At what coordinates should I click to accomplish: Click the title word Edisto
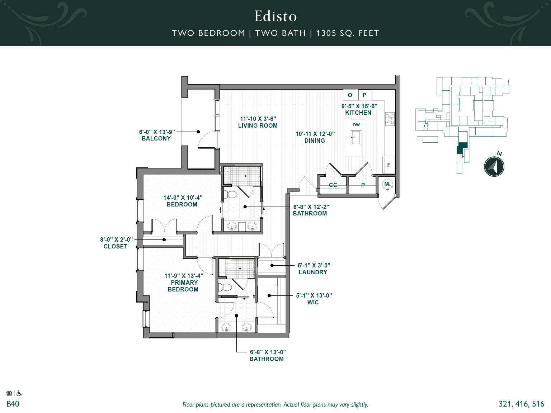(x=275, y=16)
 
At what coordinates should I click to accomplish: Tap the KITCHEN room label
(x=358, y=113)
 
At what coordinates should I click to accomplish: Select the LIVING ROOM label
(x=258, y=125)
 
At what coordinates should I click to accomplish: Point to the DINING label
(x=315, y=141)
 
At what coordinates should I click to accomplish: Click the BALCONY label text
(x=156, y=138)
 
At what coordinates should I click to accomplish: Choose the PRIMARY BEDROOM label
(x=183, y=286)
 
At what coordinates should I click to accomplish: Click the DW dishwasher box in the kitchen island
(x=356, y=125)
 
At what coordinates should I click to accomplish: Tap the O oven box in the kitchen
(x=350, y=95)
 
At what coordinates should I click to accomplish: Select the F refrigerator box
(x=388, y=165)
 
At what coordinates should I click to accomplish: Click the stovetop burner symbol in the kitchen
(x=390, y=119)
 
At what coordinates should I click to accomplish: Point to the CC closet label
(x=333, y=185)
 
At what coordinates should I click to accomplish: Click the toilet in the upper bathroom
(x=230, y=194)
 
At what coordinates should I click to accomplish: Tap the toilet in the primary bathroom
(x=226, y=287)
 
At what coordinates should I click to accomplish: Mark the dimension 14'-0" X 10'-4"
(x=183, y=198)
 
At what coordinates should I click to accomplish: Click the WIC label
(x=313, y=302)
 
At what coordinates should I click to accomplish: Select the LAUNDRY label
(x=313, y=272)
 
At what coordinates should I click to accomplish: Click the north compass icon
(x=494, y=166)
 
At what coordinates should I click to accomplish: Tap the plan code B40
(x=13, y=404)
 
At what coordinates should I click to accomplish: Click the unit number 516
(x=538, y=404)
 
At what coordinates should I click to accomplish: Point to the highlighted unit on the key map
(x=462, y=147)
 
